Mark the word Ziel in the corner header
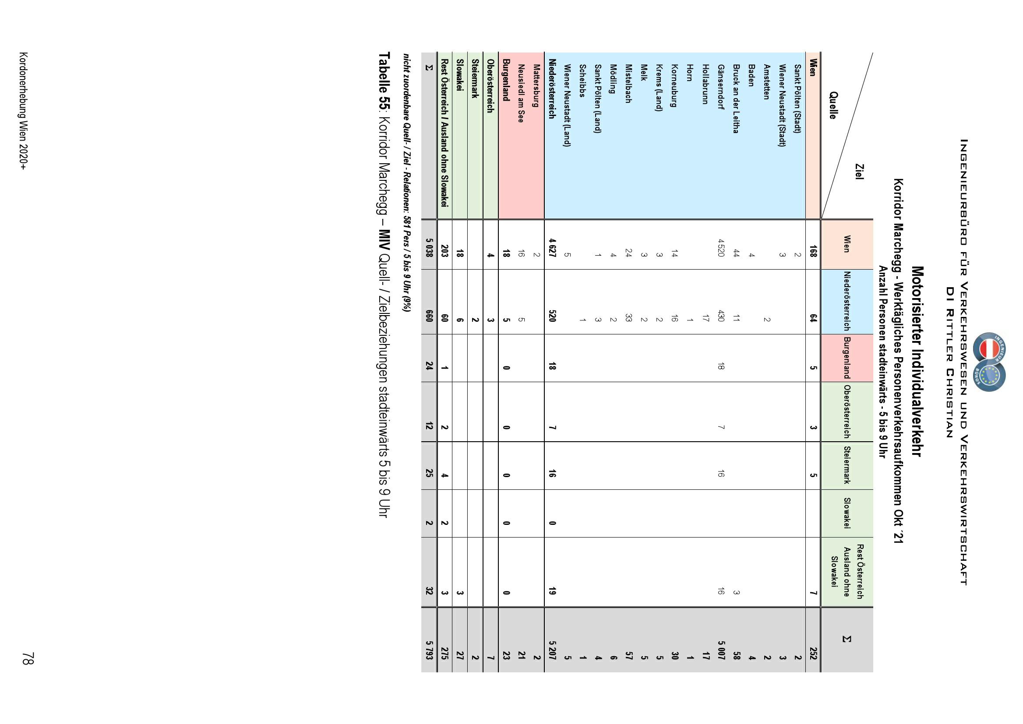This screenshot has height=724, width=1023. click(859, 172)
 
